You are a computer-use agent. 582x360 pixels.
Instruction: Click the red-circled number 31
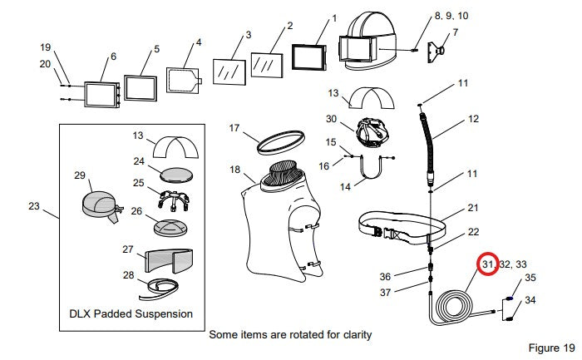pos(488,264)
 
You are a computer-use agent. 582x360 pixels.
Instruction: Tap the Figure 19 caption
pos(551,348)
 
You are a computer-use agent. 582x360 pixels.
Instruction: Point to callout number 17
pos(234,128)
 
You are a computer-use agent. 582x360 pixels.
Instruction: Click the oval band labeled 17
pos(281,142)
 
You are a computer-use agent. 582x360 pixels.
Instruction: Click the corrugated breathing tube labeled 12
pos(427,149)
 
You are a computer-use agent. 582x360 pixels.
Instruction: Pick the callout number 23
pos(34,206)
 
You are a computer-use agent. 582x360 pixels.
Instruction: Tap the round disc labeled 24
pos(176,175)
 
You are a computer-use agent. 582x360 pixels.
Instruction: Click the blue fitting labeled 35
pos(511,298)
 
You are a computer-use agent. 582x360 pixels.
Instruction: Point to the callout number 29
pos(80,175)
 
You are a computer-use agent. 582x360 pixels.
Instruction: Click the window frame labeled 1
pos(308,57)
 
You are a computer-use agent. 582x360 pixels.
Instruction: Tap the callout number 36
pos(385,277)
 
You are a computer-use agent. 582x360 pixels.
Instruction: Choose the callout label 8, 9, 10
pos(451,16)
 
